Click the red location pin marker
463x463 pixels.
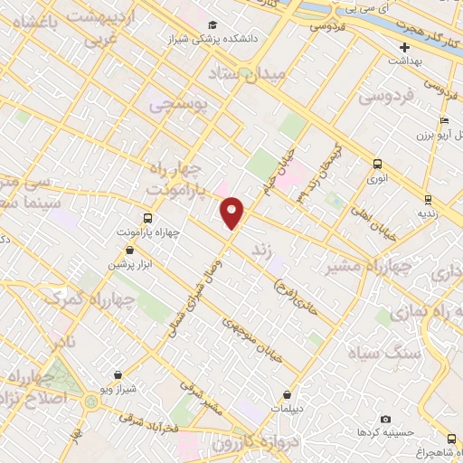coord(232,213)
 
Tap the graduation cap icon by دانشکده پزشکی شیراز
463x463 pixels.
coord(213,25)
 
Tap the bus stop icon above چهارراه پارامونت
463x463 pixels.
coord(147,218)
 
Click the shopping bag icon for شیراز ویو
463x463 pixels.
coord(118,374)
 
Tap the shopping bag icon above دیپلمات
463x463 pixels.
coord(288,393)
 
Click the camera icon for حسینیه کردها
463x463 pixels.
coord(386,420)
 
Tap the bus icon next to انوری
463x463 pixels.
coord(377,164)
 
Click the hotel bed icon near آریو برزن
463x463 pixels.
coord(442,121)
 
